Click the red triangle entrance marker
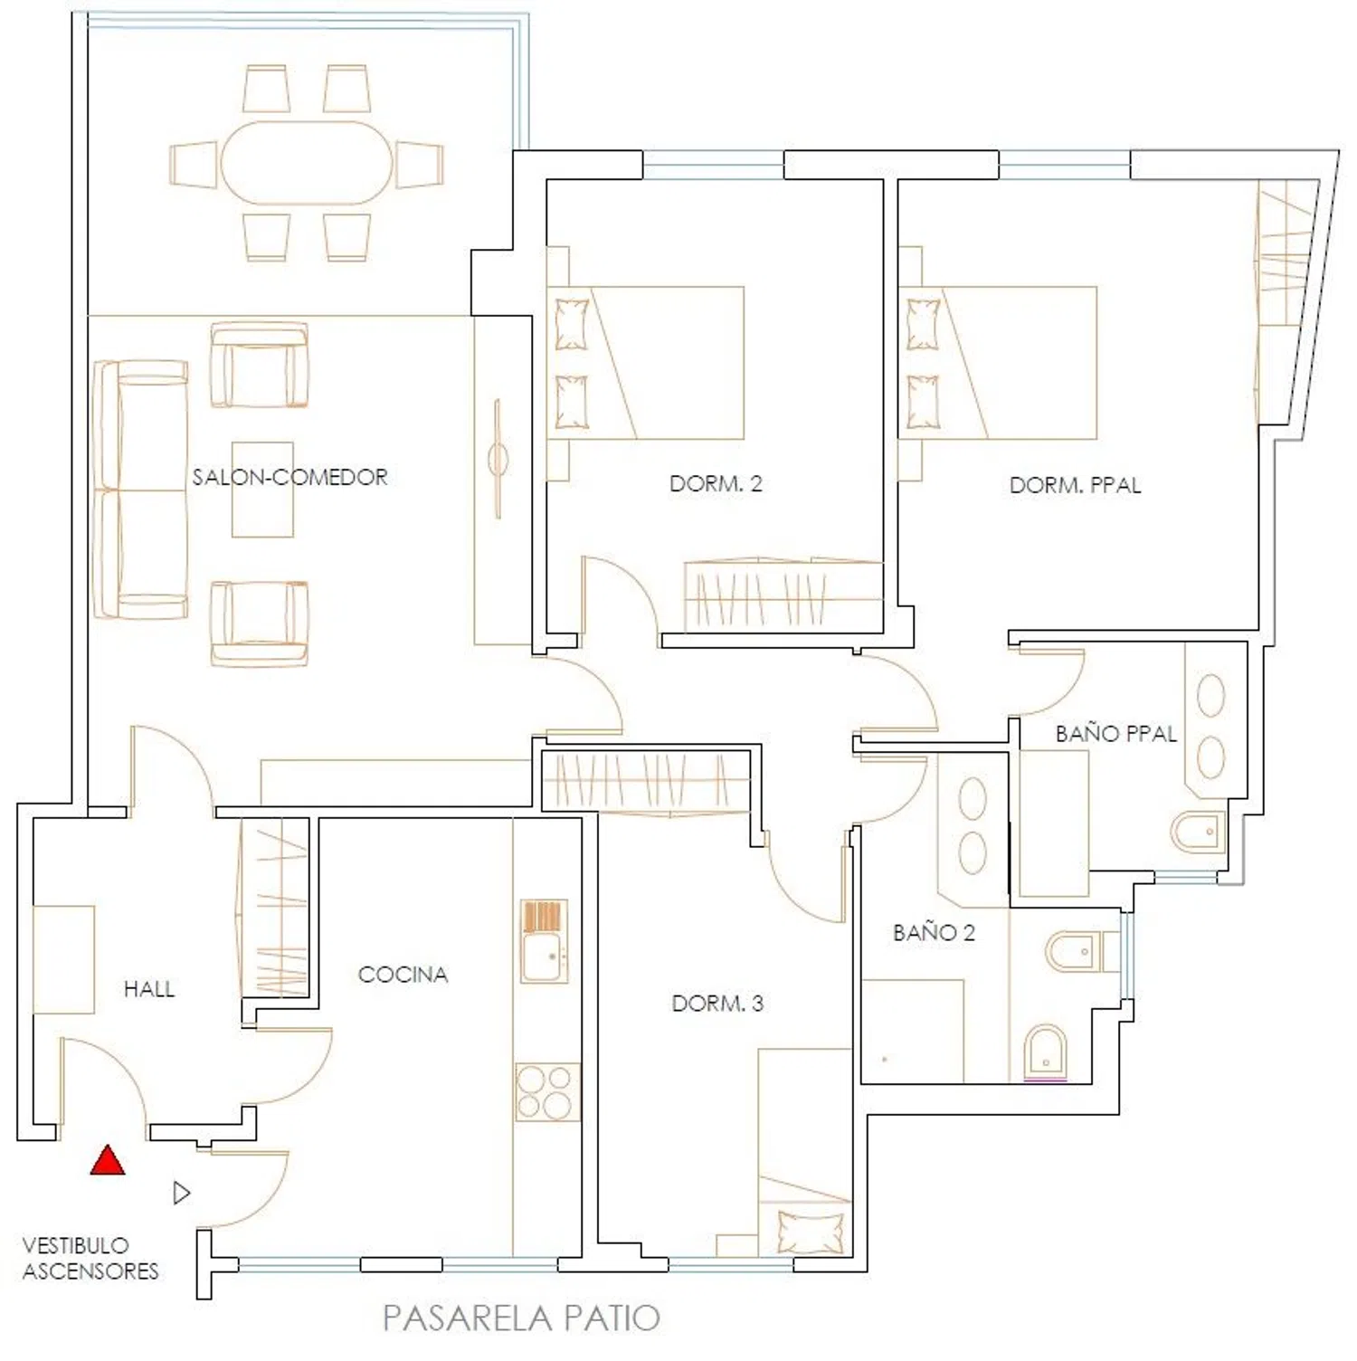[108, 1160]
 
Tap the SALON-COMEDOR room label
[289, 477]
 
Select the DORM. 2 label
[716, 483]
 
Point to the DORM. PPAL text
[1075, 485]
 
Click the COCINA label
[403, 975]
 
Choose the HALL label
[149, 989]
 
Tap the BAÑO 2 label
[934, 932]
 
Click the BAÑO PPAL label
[1115, 733]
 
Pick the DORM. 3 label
[717, 1003]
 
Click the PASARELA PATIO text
[521, 1318]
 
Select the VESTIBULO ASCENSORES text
[90, 1258]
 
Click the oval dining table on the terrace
[307, 163]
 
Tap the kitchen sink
[544, 941]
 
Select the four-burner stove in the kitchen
[546, 1091]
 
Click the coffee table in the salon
[262, 490]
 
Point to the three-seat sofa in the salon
[141, 490]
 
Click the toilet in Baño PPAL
[1198, 831]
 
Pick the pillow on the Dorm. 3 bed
[811, 1232]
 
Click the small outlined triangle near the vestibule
[182, 1193]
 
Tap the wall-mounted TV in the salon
[498, 459]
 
